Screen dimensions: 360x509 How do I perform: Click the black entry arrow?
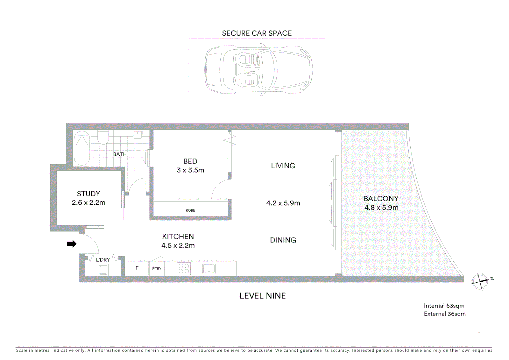pos(72,244)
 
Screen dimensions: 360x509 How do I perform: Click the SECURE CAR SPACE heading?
pos(257,33)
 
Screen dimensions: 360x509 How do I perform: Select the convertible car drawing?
pos(258,70)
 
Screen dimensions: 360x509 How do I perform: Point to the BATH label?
pos(120,154)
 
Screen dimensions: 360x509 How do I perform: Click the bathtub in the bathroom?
pos(82,148)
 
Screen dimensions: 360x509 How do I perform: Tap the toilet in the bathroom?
pos(103,137)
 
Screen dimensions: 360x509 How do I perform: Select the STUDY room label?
pos(88,194)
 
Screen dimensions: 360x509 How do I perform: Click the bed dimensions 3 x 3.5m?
pos(190,170)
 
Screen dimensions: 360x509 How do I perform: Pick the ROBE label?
pos(190,210)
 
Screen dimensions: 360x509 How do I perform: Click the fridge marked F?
pos(137,268)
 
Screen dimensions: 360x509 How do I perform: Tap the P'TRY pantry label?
pos(157,268)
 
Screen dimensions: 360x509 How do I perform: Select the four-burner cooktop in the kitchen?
pos(184,268)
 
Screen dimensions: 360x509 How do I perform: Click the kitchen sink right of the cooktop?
pos(209,268)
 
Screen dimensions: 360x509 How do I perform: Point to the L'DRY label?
pos(103,260)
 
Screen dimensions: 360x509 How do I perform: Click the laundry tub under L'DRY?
pos(103,270)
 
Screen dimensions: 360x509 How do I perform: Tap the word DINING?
pos(283,240)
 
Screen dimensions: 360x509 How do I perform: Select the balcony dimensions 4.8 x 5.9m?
pos(381,207)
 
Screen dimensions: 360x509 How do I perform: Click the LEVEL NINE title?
pos(262,296)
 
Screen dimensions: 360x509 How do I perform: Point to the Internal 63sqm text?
pos(444,306)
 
